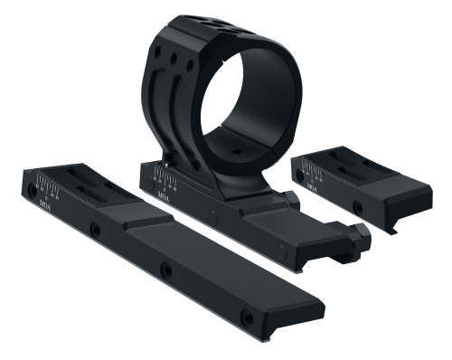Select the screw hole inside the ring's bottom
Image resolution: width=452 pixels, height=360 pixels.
(237, 143)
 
